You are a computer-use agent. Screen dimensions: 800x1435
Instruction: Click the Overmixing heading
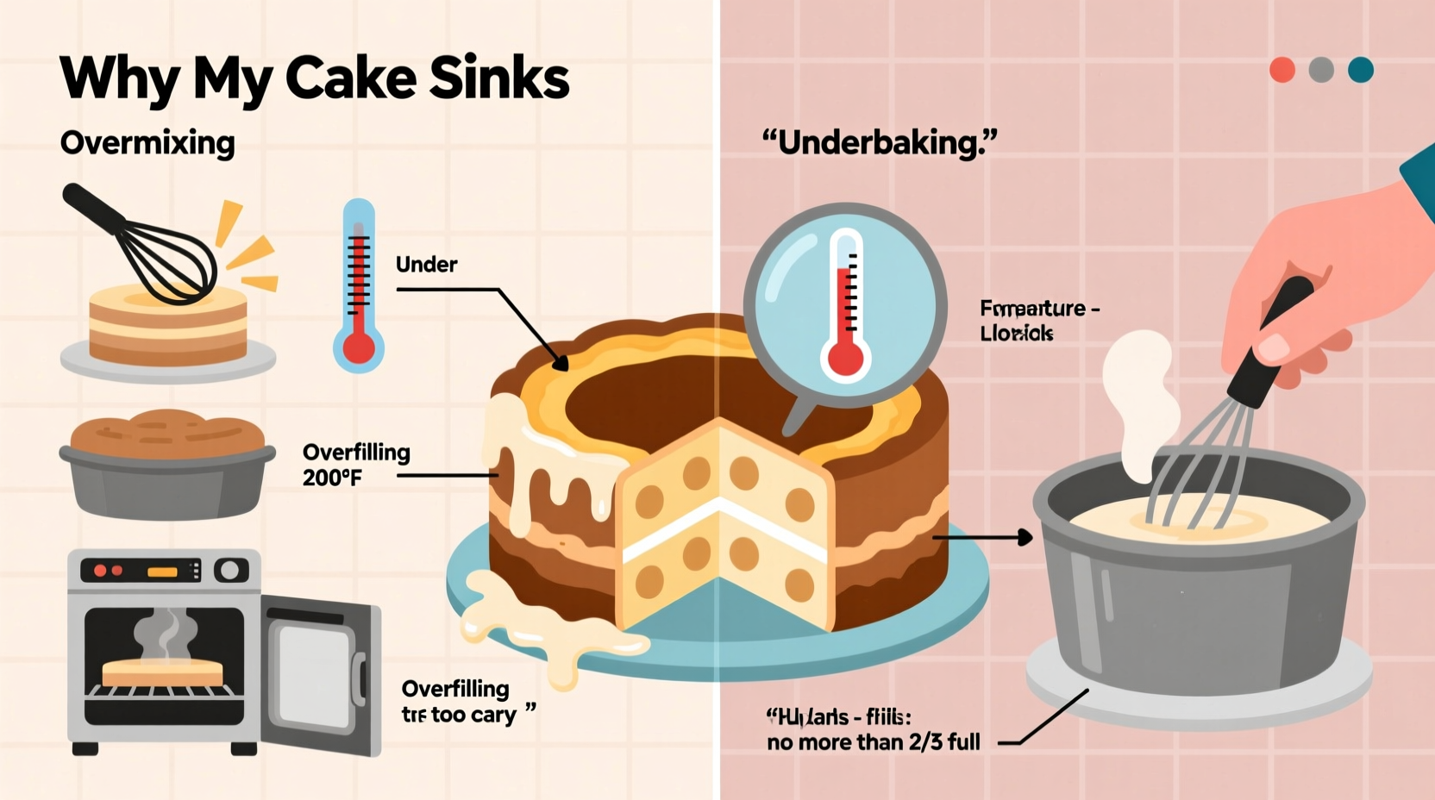[147, 142]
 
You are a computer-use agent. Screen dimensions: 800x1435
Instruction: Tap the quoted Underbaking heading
[879, 142]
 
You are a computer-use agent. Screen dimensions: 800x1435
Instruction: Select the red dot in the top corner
[1282, 70]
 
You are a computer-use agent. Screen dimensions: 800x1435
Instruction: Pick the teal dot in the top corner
[1361, 70]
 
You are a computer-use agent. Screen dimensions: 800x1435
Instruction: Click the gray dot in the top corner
[1321, 70]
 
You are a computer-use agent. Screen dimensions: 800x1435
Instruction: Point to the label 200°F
[332, 478]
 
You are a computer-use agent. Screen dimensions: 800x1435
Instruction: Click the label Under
[426, 265]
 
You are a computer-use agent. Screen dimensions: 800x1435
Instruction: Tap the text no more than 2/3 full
[873, 742]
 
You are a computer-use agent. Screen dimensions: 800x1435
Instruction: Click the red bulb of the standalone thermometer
[359, 348]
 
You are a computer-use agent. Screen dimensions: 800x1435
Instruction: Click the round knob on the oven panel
[230, 570]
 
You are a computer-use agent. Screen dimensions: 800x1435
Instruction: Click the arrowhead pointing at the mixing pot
[1025, 537]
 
